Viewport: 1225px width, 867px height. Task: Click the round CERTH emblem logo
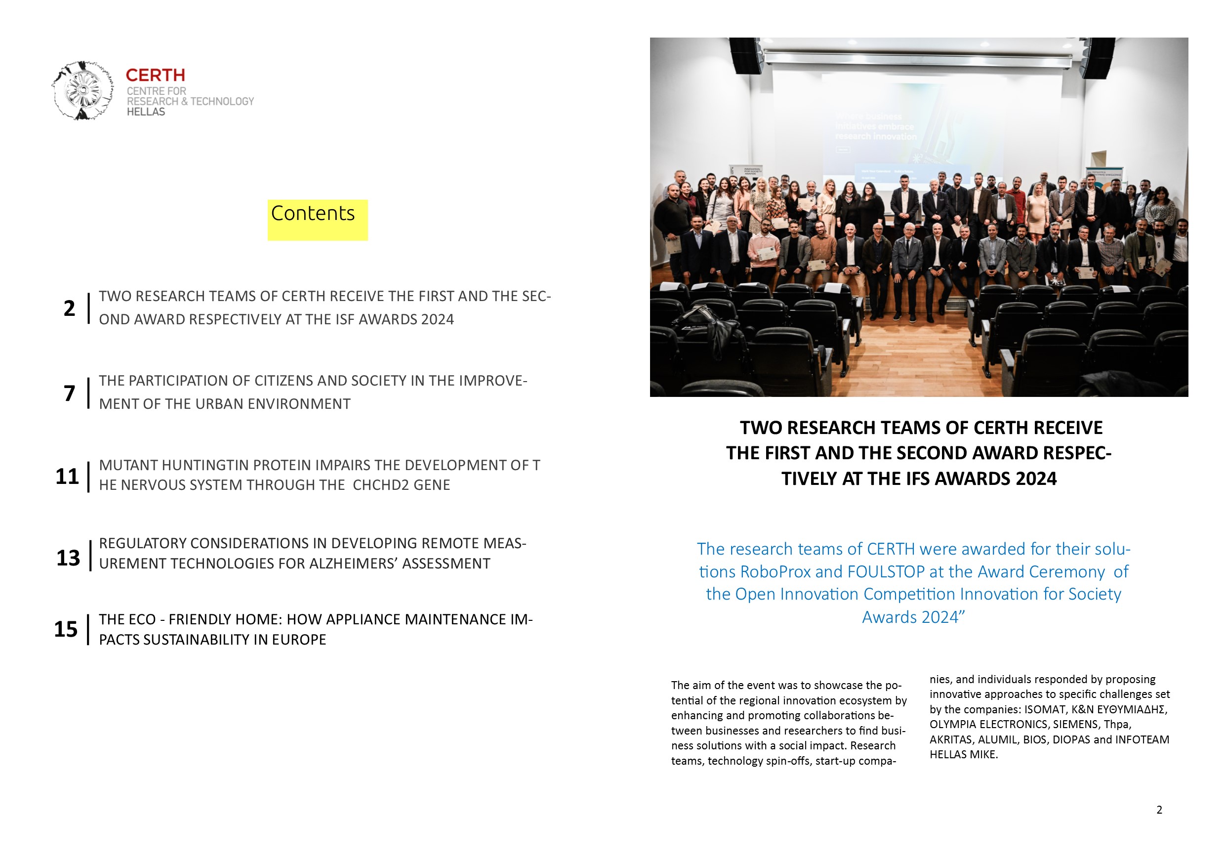(82, 90)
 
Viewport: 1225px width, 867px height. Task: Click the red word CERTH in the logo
(155, 75)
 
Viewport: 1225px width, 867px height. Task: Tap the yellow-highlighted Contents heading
(313, 214)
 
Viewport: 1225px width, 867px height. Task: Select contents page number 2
(69, 308)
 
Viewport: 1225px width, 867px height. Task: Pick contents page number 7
(69, 393)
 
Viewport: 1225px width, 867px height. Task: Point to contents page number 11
(67, 477)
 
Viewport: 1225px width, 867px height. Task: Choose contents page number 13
(68, 559)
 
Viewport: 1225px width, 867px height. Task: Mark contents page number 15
(66, 629)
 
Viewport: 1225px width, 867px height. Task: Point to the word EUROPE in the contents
(299, 640)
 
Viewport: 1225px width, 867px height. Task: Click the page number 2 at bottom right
(1159, 810)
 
